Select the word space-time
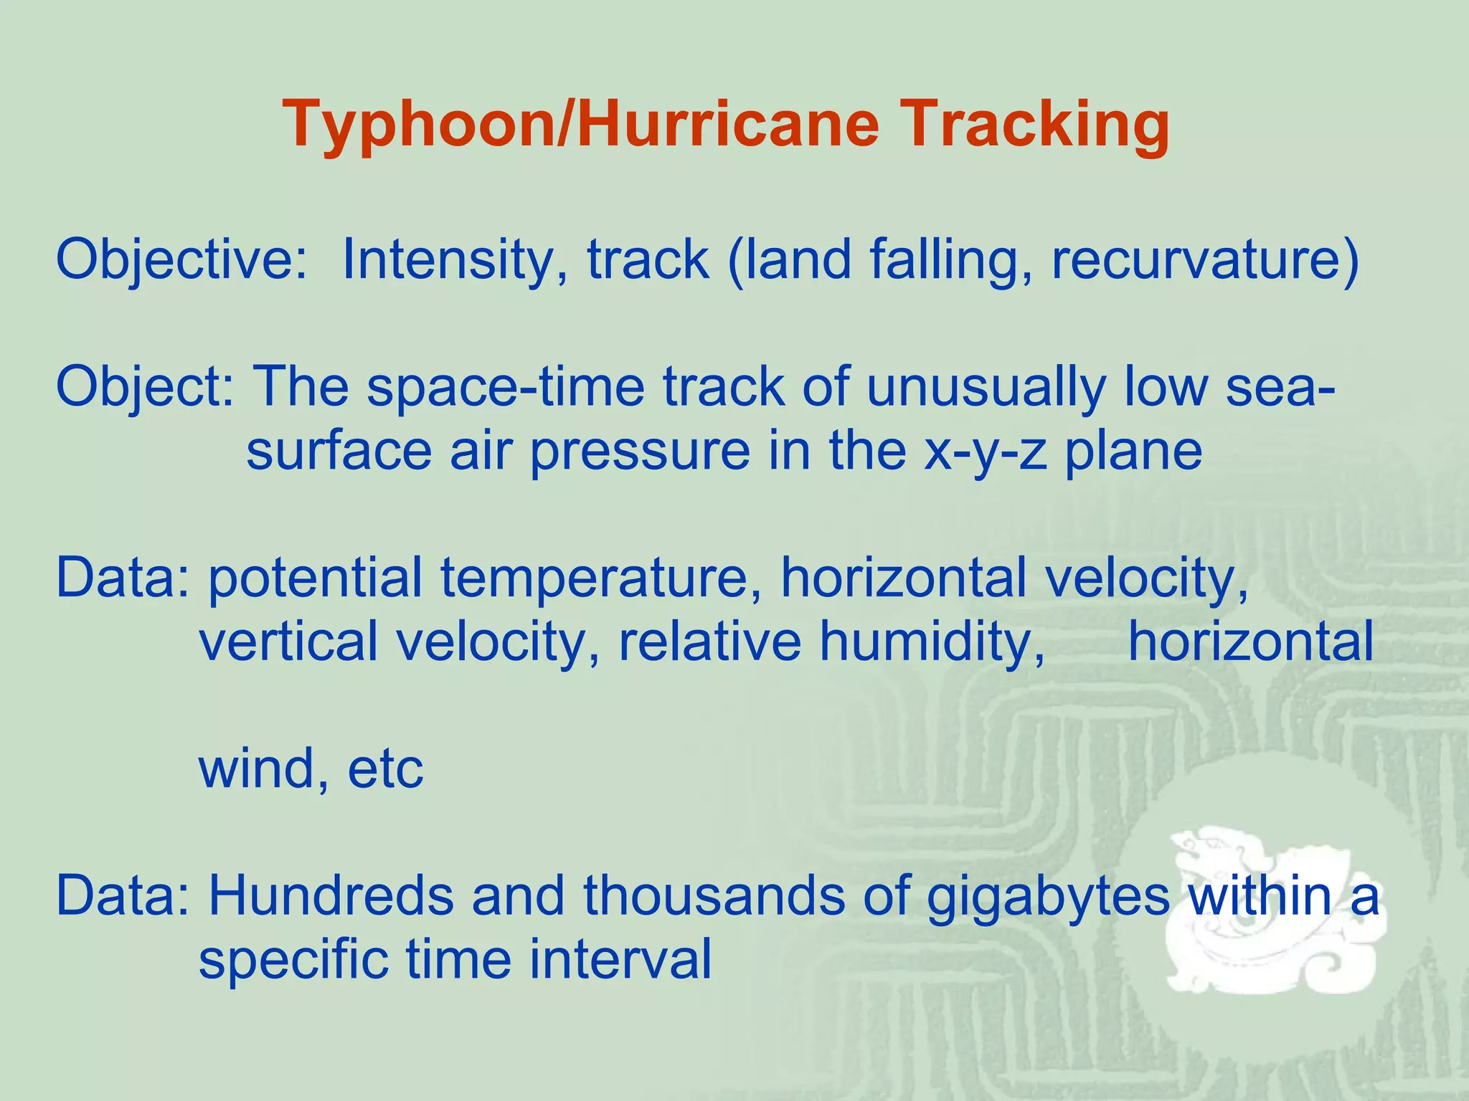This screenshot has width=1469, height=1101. (x=506, y=387)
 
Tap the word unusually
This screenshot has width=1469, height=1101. (x=986, y=387)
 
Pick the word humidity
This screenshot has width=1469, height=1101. (x=932, y=642)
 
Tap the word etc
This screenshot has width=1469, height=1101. (x=385, y=768)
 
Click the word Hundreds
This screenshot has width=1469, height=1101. (x=331, y=896)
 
